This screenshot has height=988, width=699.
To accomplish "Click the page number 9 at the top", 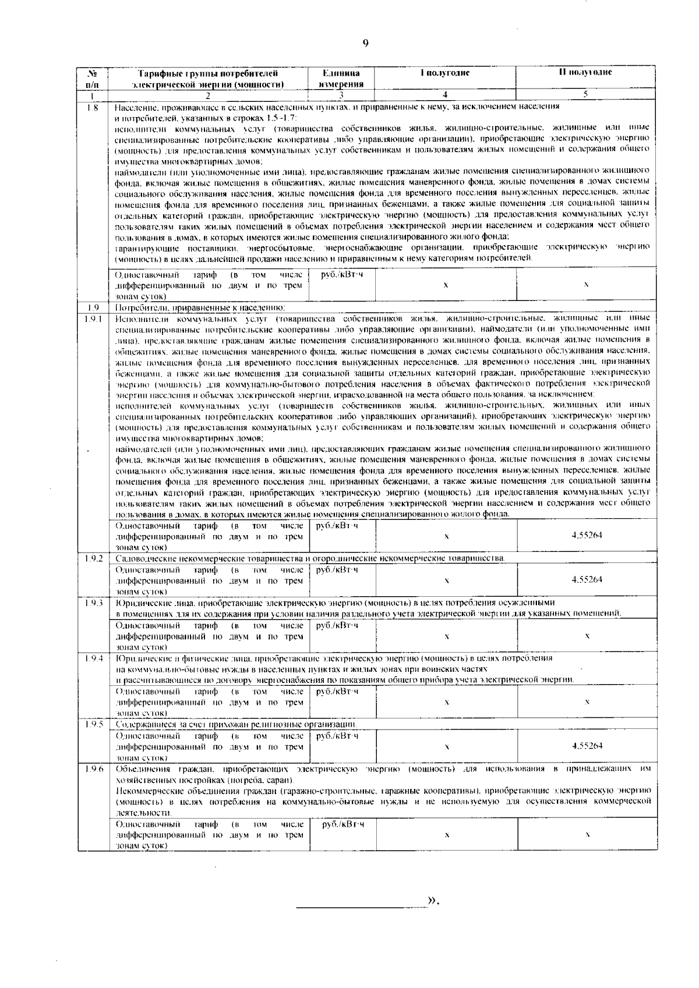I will [365, 43].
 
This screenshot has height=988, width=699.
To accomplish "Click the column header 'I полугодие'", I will [445, 73].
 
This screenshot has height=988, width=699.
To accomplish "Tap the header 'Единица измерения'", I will [341, 78].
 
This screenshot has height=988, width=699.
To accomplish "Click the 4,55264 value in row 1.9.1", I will [587, 535].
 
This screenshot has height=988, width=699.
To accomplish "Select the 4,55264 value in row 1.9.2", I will [587, 579].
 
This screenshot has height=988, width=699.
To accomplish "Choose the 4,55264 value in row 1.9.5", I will [587, 745].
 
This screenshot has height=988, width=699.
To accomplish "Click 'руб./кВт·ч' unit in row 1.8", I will [343, 274].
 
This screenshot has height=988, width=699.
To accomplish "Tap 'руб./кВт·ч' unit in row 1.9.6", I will [343, 824].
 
